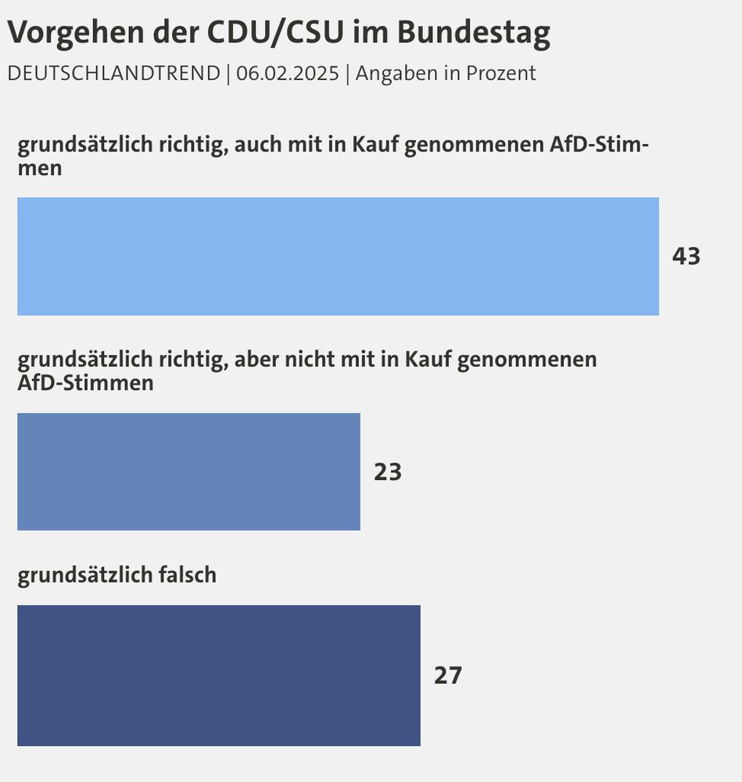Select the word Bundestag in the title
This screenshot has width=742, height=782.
click(473, 33)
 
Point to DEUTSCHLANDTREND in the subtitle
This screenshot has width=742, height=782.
click(113, 74)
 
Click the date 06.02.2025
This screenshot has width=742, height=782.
click(289, 74)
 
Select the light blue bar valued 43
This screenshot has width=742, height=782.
click(338, 256)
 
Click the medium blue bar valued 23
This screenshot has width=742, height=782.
click(188, 472)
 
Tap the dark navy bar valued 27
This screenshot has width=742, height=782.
click(218, 675)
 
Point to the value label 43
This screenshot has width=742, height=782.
click(686, 256)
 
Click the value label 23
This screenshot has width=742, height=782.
click(387, 472)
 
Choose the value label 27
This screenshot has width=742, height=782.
click(448, 676)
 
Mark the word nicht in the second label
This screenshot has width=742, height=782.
click(316, 360)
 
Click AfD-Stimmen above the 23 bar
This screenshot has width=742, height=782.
click(85, 383)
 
